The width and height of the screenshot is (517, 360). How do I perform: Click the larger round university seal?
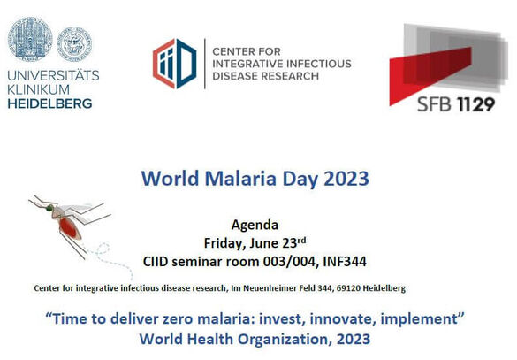[x=30, y=39]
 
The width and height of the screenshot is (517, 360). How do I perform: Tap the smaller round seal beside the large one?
[x=74, y=44]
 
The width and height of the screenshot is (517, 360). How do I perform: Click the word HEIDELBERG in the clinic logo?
[x=49, y=103]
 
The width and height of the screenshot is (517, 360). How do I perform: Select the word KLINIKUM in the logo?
[x=39, y=89]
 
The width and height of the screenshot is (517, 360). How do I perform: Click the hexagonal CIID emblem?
[x=175, y=64]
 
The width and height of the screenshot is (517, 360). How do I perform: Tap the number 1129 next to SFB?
[x=475, y=104]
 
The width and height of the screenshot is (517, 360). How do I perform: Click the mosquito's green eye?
[x=49, y=208]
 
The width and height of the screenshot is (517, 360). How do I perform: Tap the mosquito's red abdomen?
[x=69, y=227]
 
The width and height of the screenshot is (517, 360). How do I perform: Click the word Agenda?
[x=255, y=226]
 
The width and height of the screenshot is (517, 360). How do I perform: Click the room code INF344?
[x=345, y=262]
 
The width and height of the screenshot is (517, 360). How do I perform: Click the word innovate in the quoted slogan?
[x=342, y=318]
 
